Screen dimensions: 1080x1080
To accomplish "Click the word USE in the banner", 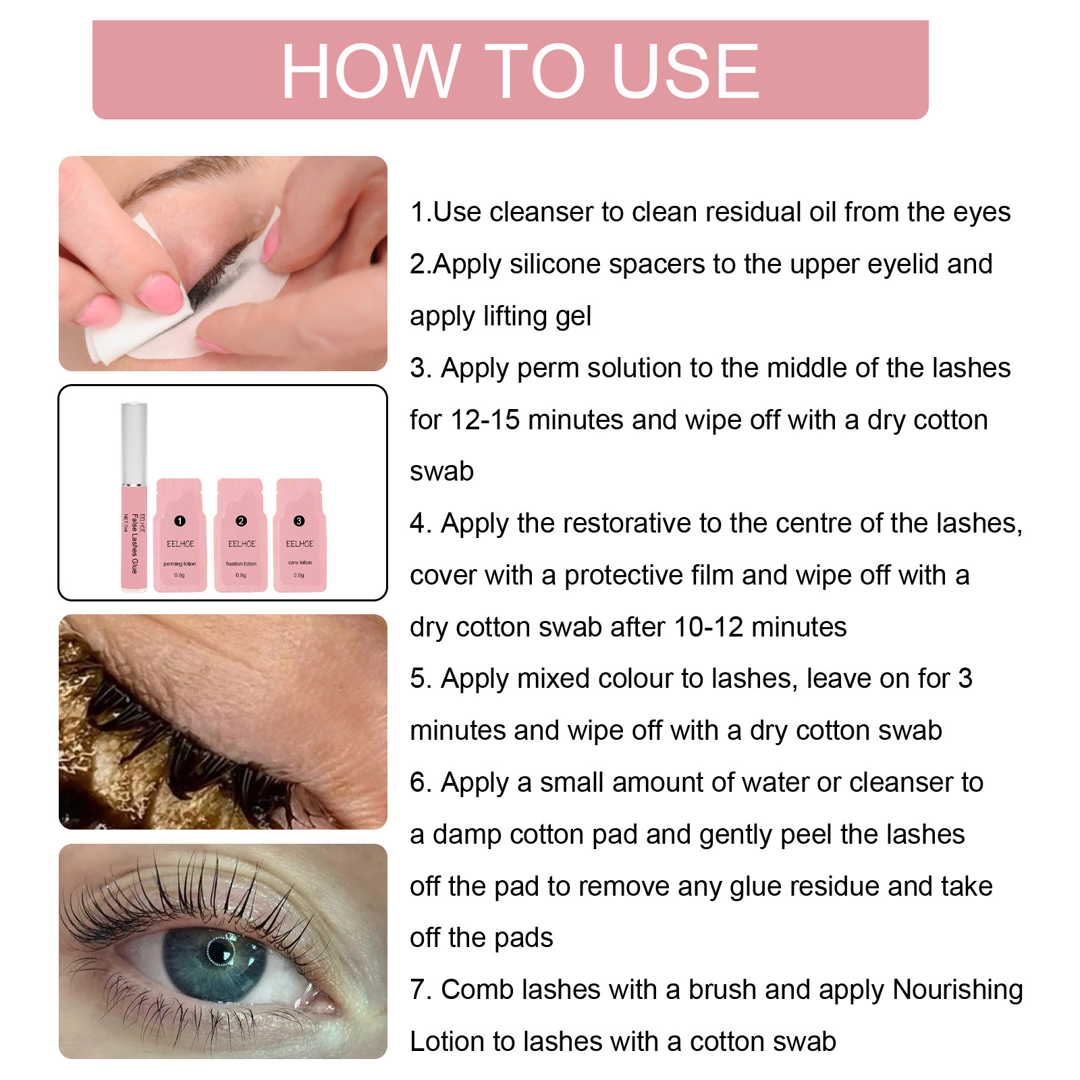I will [685, 71].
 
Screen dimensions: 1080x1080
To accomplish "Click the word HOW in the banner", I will [371, 71].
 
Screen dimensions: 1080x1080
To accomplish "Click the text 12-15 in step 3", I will [485, 420].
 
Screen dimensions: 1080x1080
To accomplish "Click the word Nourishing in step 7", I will [957, 990].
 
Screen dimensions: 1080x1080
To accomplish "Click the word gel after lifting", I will [572, 317].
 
